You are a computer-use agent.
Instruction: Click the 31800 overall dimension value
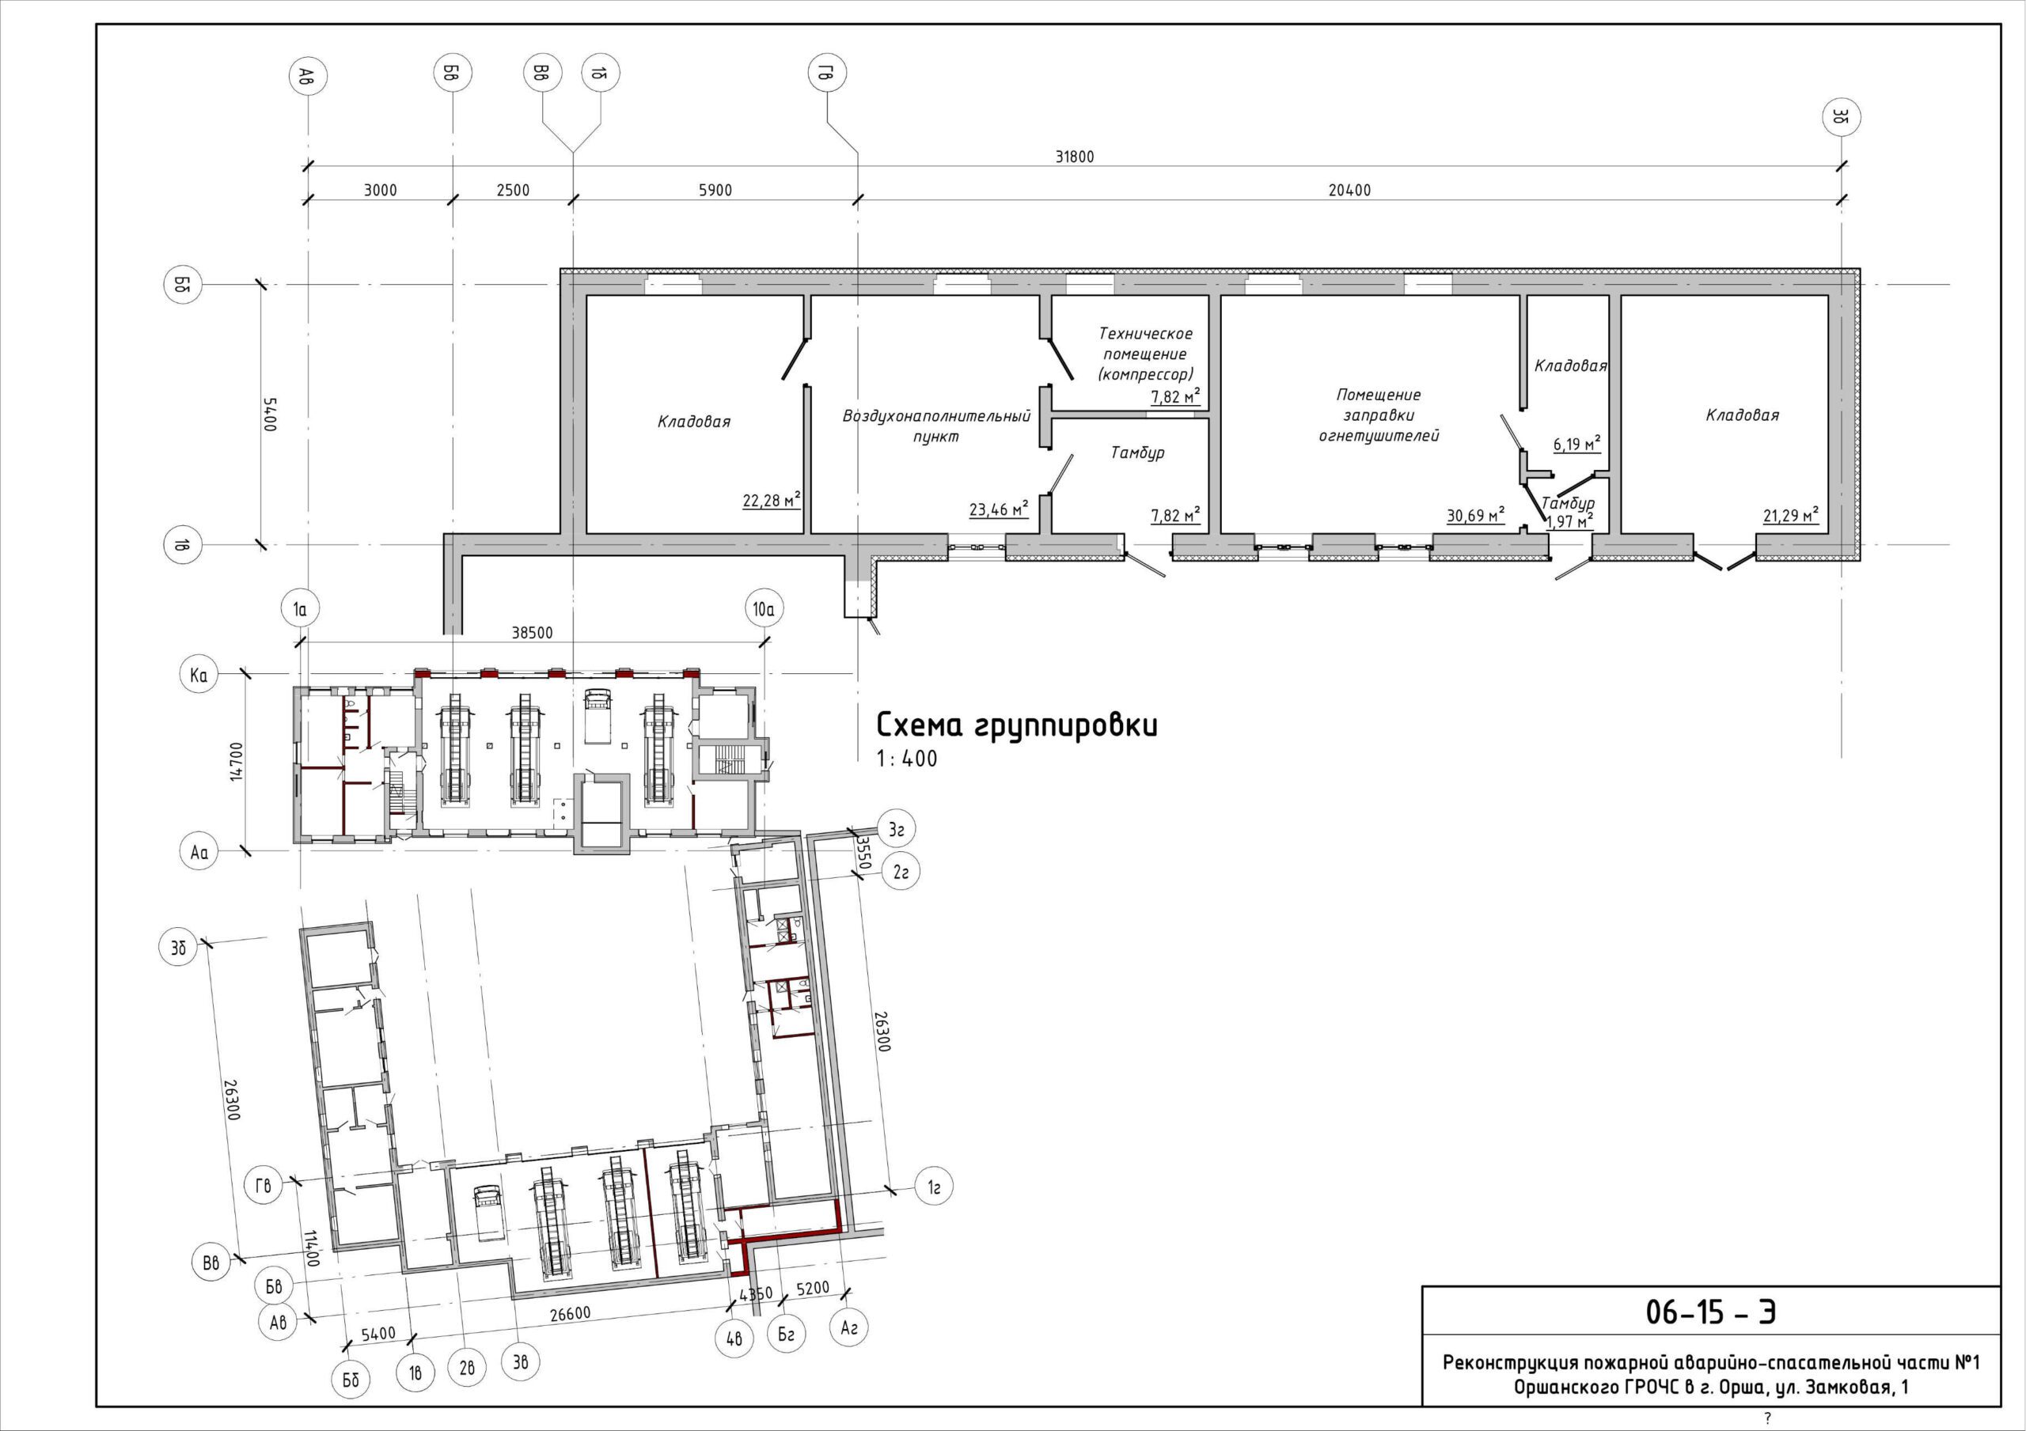(1074, 157)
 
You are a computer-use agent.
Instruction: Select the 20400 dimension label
(1349, 191)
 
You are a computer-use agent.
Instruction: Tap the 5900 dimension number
(715, 191)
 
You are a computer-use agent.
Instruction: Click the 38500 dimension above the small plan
(532, 633)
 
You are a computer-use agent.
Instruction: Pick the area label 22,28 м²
(771, 501)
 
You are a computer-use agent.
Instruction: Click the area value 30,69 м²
(1475, 515)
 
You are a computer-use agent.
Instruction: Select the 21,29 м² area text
(1791, 515)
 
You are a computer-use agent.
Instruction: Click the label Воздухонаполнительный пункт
(936, 426)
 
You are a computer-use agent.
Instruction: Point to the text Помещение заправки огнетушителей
(1379, 415)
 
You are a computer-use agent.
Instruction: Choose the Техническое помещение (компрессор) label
(1145, 354)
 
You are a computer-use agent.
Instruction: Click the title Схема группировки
(1016, 725)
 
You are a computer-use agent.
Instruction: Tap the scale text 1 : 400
(907, 759)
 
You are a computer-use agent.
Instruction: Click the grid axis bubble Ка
(199, 676)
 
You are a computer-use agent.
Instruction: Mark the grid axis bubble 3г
(897, 829)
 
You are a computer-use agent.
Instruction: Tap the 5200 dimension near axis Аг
(813, 1289)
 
